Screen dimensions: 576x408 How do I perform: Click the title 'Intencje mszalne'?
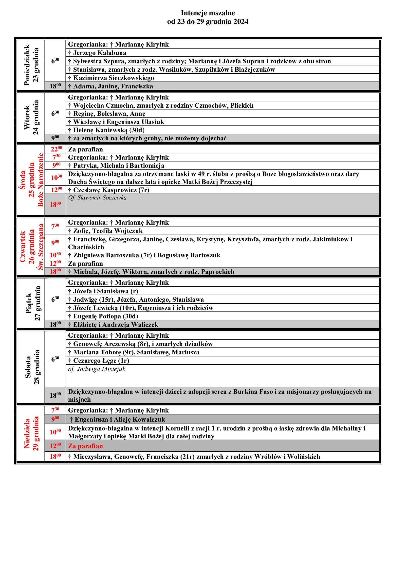tap(208, 13)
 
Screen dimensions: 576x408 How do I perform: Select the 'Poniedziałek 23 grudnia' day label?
tap(31, 65)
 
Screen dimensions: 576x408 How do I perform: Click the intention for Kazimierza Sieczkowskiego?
tap(111, 78)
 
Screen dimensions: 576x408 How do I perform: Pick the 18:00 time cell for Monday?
tap(55, 86)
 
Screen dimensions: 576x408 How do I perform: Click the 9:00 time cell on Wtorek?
tap(55, 138)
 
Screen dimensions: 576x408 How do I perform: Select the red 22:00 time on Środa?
tap(56, 149)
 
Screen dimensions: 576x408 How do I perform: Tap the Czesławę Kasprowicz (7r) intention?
tap(109, 190)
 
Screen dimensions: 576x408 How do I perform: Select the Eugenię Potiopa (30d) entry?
tap(103, 316)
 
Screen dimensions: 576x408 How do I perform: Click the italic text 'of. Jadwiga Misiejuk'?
tap(97, 369)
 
